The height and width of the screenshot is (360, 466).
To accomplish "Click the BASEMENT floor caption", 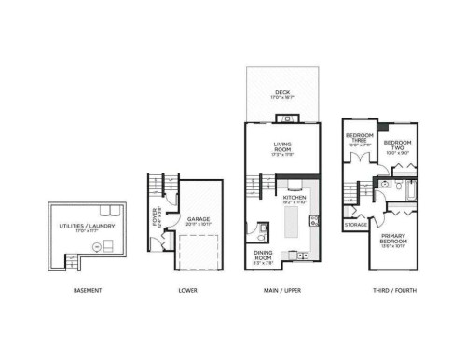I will click(87, 291).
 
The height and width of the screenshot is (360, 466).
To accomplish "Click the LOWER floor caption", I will click(187, 291).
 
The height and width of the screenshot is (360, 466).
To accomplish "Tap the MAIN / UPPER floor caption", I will click(282, 291).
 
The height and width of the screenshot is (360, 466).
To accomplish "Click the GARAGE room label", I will click(198, 220).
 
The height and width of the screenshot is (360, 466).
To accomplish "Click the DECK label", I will click(282, 93).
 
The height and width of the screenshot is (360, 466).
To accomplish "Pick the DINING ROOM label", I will click(264, 257).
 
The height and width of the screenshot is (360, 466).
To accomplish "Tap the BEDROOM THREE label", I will click(359, 142).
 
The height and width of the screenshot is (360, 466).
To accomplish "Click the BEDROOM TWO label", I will click(398, 146).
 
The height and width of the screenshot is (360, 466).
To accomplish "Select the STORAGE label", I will click(355, 224).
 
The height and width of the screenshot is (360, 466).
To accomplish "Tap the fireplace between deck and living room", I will click(288, 118).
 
